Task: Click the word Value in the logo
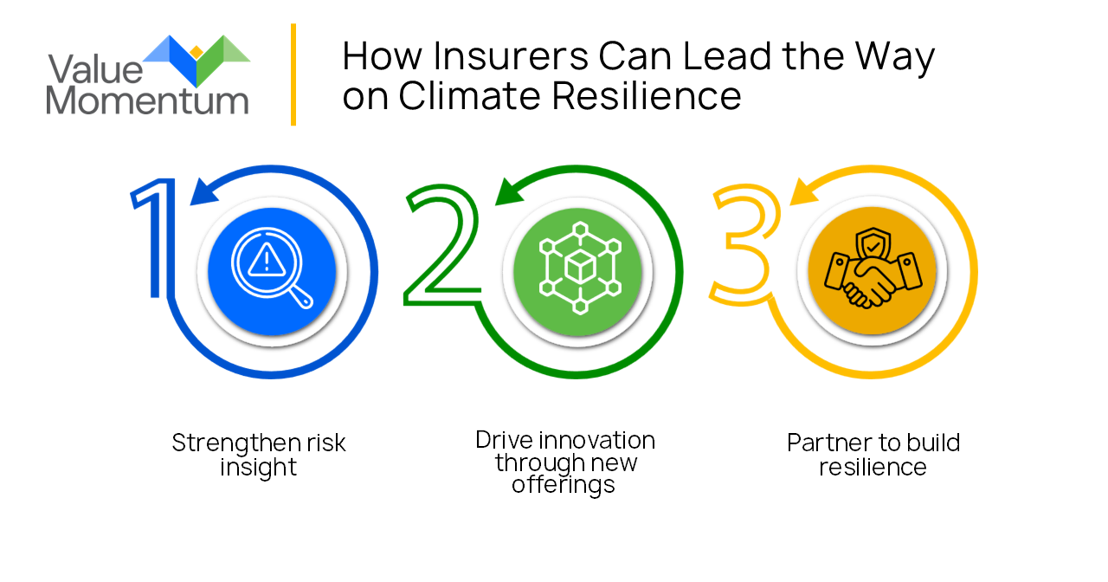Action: pyautogui.click(x=95, y=68)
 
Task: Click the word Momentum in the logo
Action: pyautogui.click(x=147, y=100)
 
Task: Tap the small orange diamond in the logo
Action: pyautogui.click(x=196, y=52)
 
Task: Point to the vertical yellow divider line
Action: pyautogui.click(x=293, y=74)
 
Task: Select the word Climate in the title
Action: pyautogui.click(x=469, y=95)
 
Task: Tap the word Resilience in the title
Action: pyautogui.click(x=647, y=95)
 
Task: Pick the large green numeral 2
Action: pyautogui.click(x=441, y=245)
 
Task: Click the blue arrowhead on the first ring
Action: pyautogui.click(x=203, y=191)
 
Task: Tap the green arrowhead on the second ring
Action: pyautogui.click(x=509, y=191)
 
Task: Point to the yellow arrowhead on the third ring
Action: pyautogui.click(x=804, y=191)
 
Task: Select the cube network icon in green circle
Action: pyautogui.click(x=580, y=268)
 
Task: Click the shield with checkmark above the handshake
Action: pyautogui.click(x=873, y=244)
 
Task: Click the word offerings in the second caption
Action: pyautogui.click(x=564, y=484)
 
